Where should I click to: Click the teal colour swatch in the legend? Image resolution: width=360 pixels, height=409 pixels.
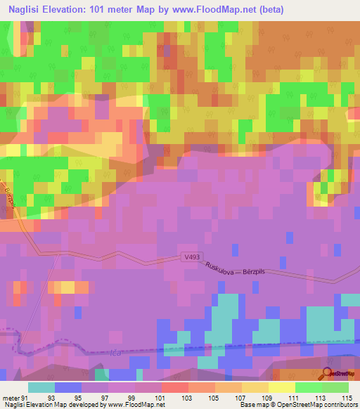pyautogui.click(x=41, y=387)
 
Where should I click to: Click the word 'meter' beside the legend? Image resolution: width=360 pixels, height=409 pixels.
pyautogui.click(x=11, y=397)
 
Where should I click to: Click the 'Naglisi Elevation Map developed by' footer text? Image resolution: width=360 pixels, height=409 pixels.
pyautogui.click(x=51, y=405)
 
